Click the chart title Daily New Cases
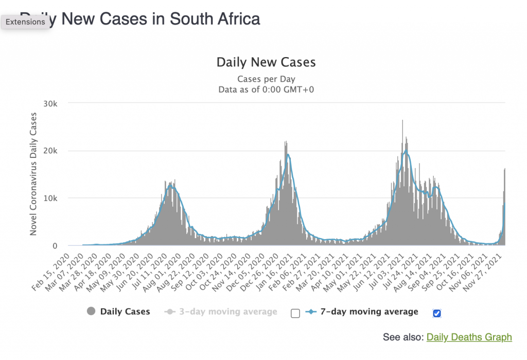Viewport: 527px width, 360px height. (x=266, y=63)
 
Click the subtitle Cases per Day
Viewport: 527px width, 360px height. (x=266, y=79)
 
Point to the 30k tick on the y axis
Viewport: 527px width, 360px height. (x=54, y=103)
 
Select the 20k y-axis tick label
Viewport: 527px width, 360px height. (x=54, y=151)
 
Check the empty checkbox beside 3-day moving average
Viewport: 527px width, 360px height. (x=295, y=313)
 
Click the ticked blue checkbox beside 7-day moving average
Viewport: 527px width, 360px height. (x=437, y=313)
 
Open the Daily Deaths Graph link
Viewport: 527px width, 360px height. (x=469, y=337)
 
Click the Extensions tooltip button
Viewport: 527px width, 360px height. (x=26, y=22)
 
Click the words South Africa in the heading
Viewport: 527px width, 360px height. (x=215, y=19)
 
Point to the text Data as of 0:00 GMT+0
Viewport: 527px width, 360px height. (x=266, y=89)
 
